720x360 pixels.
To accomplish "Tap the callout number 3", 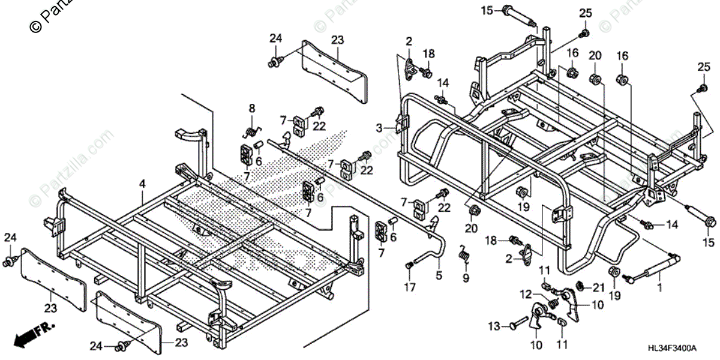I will click(379, 128).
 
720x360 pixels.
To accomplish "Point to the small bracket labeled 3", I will click(398, 125).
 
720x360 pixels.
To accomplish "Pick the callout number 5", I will click(439, 276).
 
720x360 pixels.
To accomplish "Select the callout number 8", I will click(252, 109).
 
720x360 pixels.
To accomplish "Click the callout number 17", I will click(409, 287).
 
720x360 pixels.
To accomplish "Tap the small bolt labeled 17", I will click(410, 265).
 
